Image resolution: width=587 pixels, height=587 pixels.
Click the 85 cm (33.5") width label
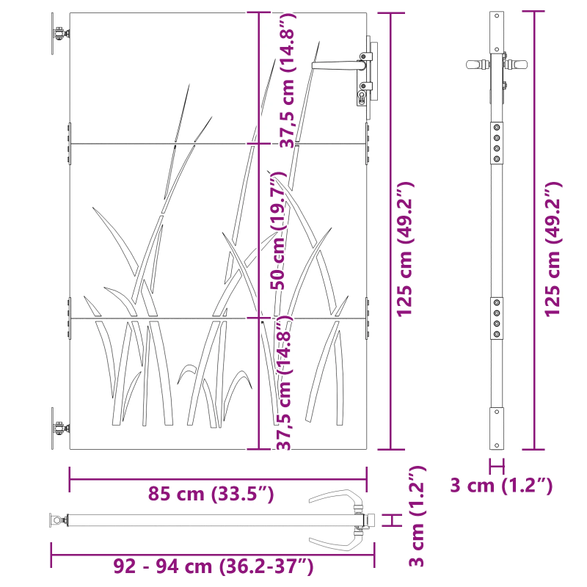click(211, 494)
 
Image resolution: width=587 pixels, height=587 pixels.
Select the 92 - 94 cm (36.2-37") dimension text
click(214, 566)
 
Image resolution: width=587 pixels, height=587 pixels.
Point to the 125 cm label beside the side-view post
click(552, 249)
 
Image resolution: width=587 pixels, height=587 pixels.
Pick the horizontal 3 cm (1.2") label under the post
click(501, 485)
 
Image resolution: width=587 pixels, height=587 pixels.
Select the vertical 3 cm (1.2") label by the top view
click(417, 516)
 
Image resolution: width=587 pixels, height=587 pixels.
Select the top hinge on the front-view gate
click(59, 34)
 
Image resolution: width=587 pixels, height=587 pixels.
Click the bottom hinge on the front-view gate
click(59, 429)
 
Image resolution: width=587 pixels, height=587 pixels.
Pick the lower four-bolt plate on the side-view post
click(497, 318)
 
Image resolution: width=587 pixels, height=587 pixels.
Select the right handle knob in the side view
click(519, 64)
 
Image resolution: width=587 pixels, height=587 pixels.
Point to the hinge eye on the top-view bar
click(56, 522)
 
